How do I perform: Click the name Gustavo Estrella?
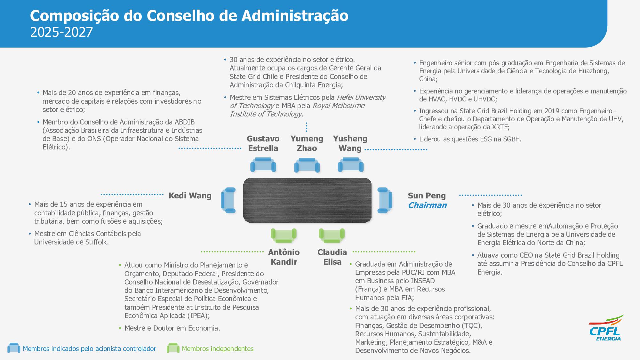click(263, 143)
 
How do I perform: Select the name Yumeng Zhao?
click(307, 143)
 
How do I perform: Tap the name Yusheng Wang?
click(350, 143)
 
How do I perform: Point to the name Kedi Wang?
click(190, 196)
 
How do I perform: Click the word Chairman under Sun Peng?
click(427, 205)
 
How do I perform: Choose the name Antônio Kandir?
click(284, 257)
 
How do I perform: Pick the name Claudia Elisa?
click(332, 257)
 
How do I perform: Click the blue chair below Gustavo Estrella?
click(263, 165)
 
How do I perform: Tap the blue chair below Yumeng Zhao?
click(307, 165)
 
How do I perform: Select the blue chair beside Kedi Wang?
click(228, 200)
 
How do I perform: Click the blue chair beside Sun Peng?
click(384, 200)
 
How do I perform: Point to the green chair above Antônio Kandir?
click(284, 236)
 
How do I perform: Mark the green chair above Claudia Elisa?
click(332, 236)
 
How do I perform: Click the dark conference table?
click(307, 200)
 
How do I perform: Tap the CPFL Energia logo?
click(605, 328)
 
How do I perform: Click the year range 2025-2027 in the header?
click(61, 32)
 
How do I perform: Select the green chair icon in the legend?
click(173, 348)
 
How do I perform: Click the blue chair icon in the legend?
click(14, 348)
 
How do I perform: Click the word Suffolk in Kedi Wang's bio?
click(96, 242)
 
